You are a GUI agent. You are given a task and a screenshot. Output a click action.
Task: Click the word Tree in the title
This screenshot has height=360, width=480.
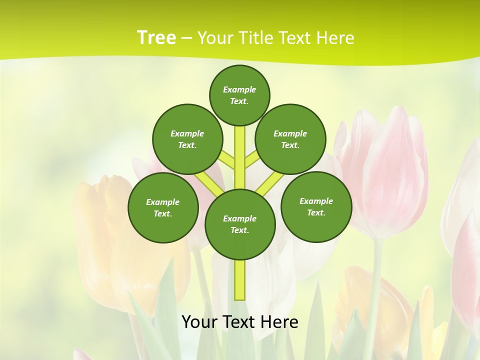[x=156, y=37]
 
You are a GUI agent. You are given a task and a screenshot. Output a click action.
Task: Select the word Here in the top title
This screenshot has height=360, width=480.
[x=335, y=38]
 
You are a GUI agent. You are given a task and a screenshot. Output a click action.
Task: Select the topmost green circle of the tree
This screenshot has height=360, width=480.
[x=239, y=95]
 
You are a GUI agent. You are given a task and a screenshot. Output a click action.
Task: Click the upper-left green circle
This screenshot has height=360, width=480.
[x=187, y=139]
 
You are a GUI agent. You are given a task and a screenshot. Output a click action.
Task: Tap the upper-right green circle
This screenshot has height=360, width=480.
[x=290, y=139]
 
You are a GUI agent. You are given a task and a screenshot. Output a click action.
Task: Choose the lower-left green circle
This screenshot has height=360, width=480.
[x=163, y=207]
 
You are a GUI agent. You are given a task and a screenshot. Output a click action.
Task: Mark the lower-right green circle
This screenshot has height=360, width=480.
[x=316, y=206]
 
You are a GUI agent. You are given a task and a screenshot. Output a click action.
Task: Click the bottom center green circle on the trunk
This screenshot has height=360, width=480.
[x=240, y=224]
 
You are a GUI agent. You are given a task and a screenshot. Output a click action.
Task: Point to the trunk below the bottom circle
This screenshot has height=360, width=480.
[x=240, y=280]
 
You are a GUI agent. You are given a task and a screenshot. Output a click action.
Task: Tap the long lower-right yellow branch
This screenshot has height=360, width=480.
[x=270, y=182]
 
